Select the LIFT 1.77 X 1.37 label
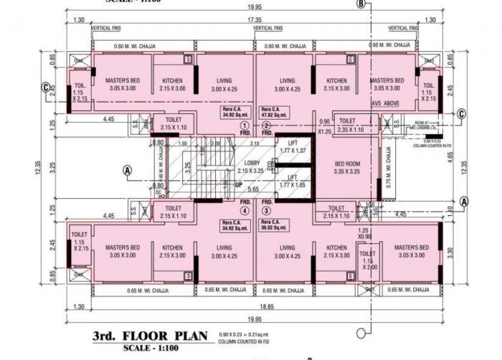pyautogui.click(x=292, y=147)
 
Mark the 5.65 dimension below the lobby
pyautogui.click(x=252, y=190)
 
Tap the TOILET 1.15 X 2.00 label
pyautogui.click(x=367, y=260)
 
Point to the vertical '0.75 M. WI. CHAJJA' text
pyautogui.click(x=389, y=166)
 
